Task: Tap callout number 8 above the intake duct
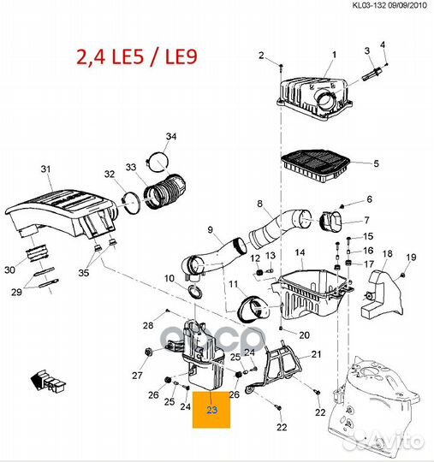[x=259, y=203]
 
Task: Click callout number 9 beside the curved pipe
[x=210, y=229]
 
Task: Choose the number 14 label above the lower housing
[x=300, y=252]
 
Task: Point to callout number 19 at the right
[x=410, y=258]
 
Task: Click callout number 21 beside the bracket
[x=314, y=354]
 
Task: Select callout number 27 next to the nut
[x=136, y=374]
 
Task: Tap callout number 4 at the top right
[x=382, y=44]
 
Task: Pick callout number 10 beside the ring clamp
[x=169, y=278]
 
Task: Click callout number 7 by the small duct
[x=369, y=221]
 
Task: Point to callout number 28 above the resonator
[x=147, y=325]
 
